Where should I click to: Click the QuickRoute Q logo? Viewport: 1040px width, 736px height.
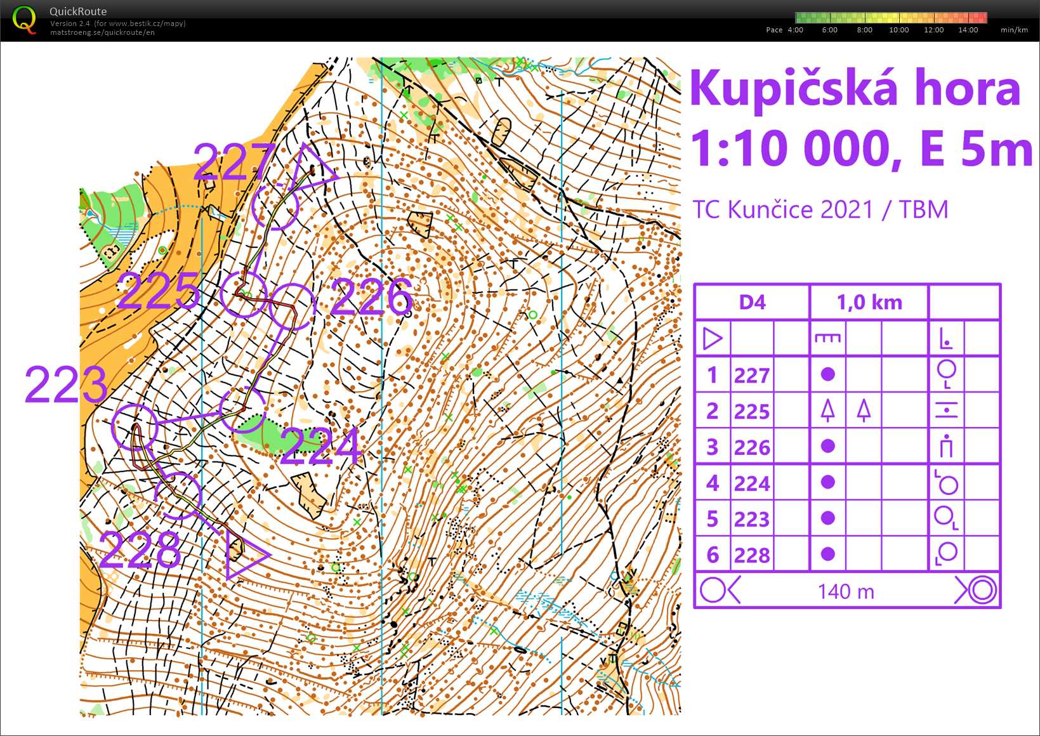point(24,20)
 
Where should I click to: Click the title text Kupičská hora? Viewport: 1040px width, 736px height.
point(855,88)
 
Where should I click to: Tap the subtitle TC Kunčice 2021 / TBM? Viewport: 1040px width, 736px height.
point(820,209)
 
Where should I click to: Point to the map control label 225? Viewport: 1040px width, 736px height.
point(159,291)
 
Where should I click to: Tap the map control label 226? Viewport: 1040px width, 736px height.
point(371,296)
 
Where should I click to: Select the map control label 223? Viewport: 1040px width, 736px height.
point(65,384)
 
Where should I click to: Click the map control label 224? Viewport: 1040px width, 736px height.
point(320,446)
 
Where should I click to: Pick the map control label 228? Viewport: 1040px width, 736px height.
point(140,549)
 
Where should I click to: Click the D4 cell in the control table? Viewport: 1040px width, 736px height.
point(752,303)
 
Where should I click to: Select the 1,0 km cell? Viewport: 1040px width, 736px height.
point(869,303)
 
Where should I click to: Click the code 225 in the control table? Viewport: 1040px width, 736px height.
point(752,412)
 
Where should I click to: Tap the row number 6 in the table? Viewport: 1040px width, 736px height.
point(712,555)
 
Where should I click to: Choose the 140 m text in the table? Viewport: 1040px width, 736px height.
point(846,592)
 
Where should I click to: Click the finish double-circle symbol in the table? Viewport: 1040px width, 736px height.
point(980,591)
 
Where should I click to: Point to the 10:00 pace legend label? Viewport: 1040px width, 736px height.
point(898,30)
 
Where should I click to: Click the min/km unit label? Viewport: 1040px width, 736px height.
point(1014,30)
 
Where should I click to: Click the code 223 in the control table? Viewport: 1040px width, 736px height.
point(752,520)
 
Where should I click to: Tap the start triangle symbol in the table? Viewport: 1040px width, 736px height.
point(712,339)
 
